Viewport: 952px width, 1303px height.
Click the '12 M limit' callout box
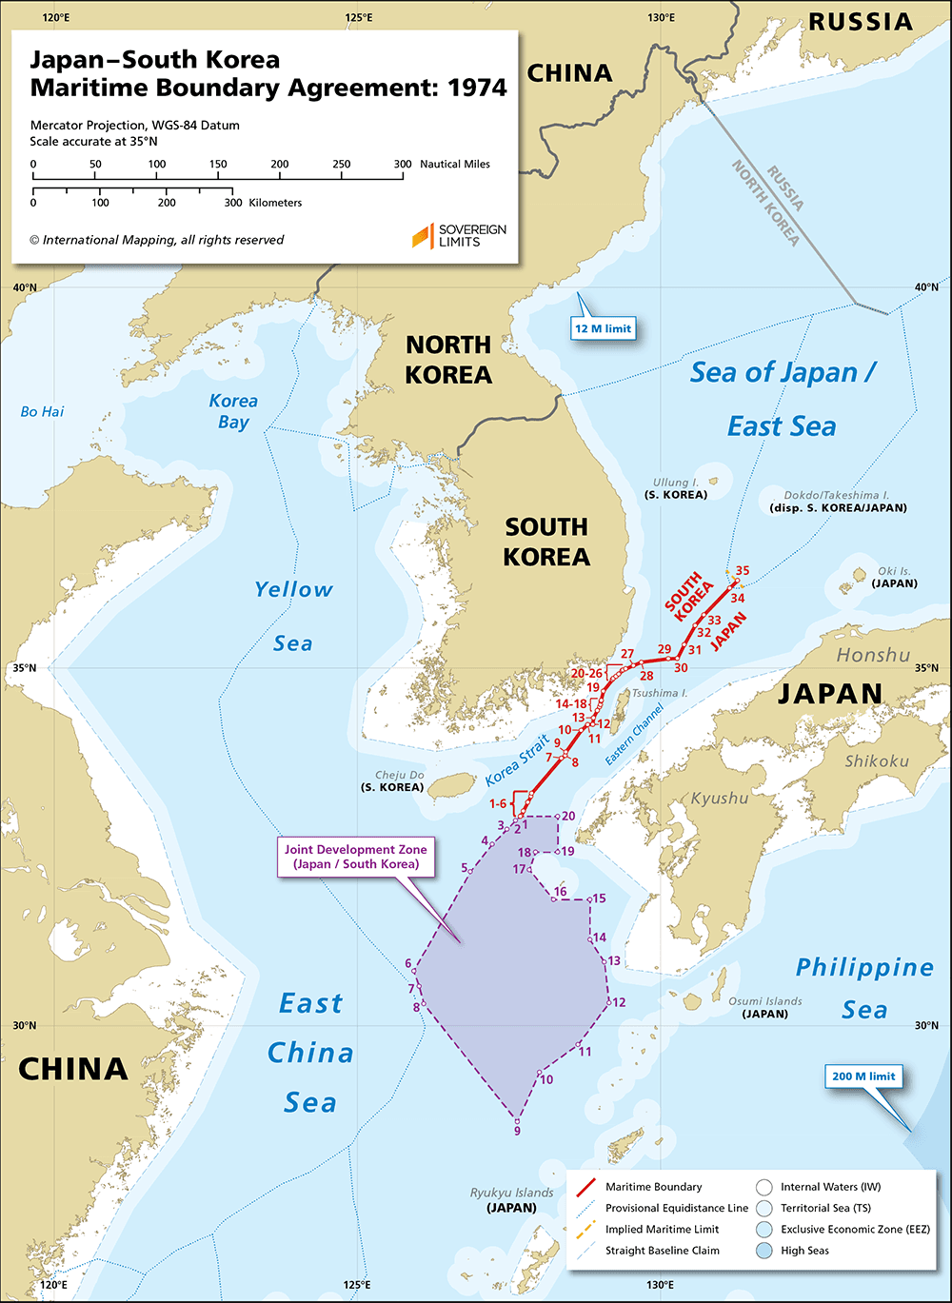pyautogui.click(x=603, y=328)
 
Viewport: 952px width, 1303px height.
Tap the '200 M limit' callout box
pyautogui.click(x=863, y=1076)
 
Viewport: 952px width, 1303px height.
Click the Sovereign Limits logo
pyautogui.click(x=459, y=235)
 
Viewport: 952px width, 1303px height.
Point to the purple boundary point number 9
pyautogui.click(x=517, y=1130)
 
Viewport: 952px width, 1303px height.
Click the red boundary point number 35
pyautogui.click(x=743, y=571)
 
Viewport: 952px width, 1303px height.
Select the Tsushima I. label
pyautogui.click(x=657, y=693)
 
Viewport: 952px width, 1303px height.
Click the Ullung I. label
pyautogui.click(x=676, y=484)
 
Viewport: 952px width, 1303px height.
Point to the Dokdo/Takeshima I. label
pyautogui.click(x=837, y=496)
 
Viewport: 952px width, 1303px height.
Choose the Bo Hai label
pyautogui.click(x=42, y=412)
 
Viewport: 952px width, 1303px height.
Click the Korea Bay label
pyautogui.click(x=233, y=411)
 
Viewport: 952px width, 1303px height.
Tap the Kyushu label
pyautogui.click(x=719, y=798)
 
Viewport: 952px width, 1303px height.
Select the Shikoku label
pyautogui.click(x=876, y=760)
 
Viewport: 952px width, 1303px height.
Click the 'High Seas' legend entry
pyautogui.click(x=804, y=1250)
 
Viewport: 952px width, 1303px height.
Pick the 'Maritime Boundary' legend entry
pyautogui.click(x=653, y=1187)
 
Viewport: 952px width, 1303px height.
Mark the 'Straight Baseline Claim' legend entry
pyautogui.click(x=662, y=1250)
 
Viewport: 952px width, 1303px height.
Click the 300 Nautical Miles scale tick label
pyautogui.click(x=403, y=164)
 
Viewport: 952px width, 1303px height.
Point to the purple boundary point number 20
pyautogui.click(x=567, y=816)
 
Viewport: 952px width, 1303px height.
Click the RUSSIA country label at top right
pyautogui.click(x=860, y=21)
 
